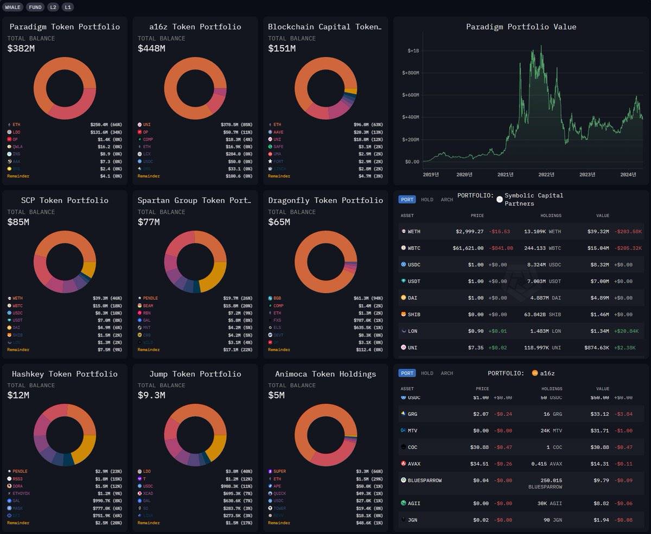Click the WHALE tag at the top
click(13, 7)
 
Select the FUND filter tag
click(35, 7)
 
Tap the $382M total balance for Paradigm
click(21, 49)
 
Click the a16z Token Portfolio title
click(195, 27)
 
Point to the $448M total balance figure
click(151, 49)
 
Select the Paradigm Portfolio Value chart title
click(521, 27)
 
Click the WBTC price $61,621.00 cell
click(468, 248)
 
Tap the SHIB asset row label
click(414, 314)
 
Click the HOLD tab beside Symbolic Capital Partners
click(427, 200)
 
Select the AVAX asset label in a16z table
click(414, 464)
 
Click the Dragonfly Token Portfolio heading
click(325, 200)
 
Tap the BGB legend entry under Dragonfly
click(277, 298)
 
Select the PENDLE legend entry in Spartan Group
click(150, 298)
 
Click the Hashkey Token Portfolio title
click(65, 374)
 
